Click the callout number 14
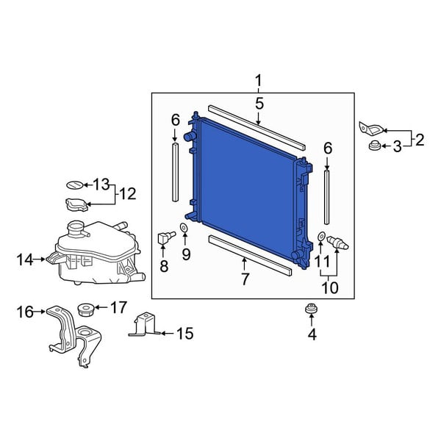(25, 259)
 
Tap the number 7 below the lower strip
(245, 279)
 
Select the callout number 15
(184, 334)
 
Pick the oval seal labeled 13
(75, 184)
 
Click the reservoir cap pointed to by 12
(76, 204)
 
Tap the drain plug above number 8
(167, 237)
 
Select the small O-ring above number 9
(184, 227)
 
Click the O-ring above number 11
(320, 236)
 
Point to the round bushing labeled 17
(85, 309)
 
